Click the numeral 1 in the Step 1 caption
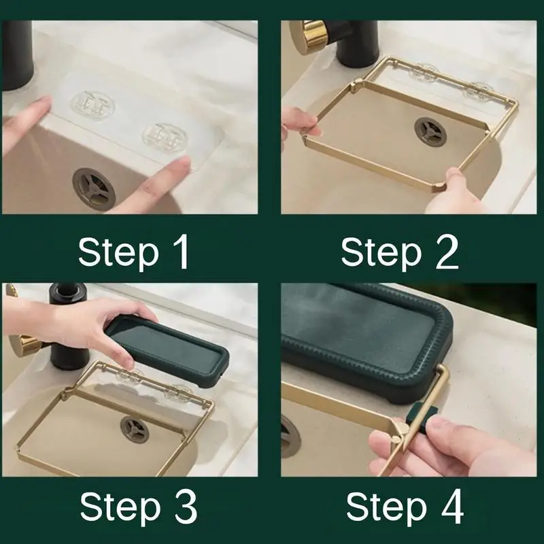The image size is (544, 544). (182, 252)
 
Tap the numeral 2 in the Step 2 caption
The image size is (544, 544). (447, 252)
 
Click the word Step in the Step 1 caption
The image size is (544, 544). (118, 253)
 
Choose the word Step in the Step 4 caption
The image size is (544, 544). (386, 507)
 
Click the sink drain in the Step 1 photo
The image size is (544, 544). (93, 188)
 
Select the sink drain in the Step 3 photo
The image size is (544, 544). (135, 430)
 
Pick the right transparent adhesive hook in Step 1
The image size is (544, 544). (165, 139)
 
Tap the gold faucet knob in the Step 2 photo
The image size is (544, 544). (309, 37)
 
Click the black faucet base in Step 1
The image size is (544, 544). (18, 55)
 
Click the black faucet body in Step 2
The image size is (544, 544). (358, 44)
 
